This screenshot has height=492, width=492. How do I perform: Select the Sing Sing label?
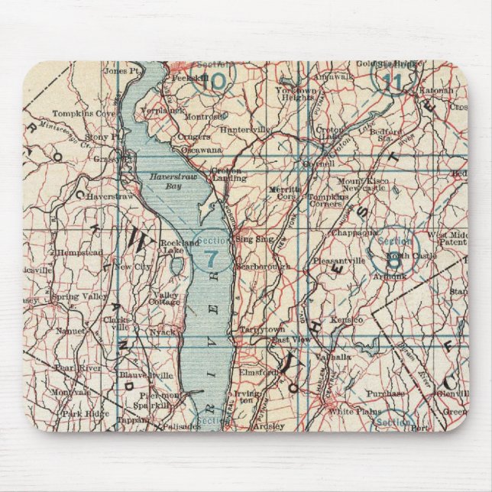254,238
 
